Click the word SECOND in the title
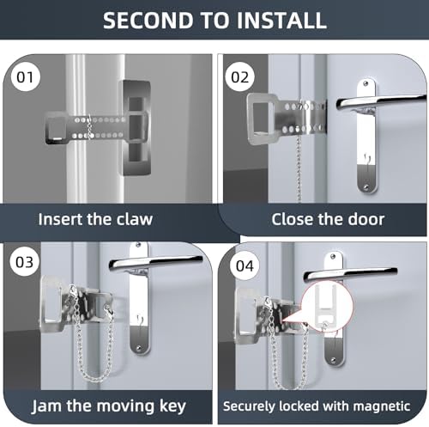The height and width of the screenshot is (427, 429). (148, 20)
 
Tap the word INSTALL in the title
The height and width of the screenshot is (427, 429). (281, 20)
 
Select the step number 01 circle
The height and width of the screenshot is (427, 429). (25, 77)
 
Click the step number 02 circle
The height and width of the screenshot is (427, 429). (239, 76)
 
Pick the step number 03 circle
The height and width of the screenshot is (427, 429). (24, 262)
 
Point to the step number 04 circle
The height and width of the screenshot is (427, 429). (245, 265)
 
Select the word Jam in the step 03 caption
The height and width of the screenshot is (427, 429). (46, 406)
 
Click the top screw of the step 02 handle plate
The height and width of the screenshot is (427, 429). (366, 83)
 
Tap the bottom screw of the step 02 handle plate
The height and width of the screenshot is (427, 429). (366, 187)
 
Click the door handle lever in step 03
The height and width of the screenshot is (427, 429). (156, 262)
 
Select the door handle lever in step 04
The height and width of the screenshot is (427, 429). (350, 274)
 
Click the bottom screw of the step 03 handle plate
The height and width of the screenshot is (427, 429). (139, 349)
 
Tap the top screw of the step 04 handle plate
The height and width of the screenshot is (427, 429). (333, 256)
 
